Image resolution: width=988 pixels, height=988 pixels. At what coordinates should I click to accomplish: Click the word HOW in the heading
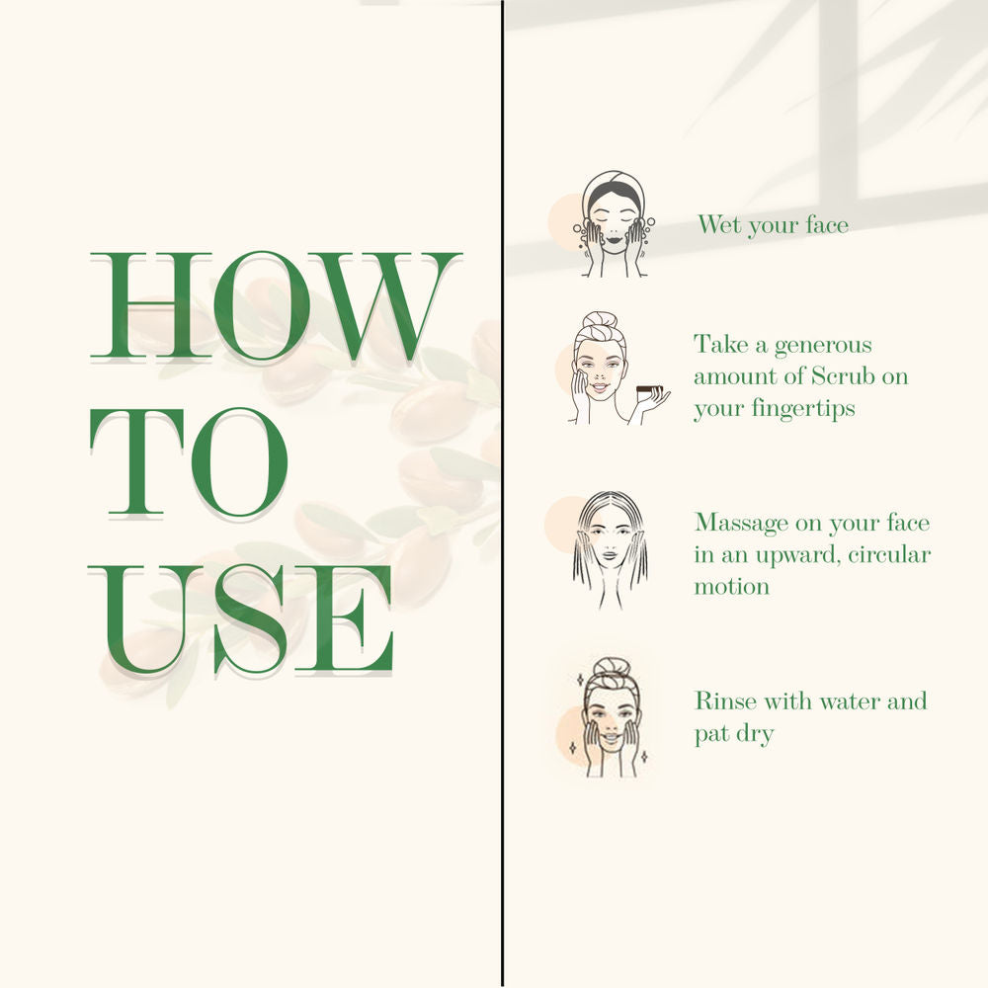pos(276,306)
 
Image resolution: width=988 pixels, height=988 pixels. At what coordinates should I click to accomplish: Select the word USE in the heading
pos(241,619)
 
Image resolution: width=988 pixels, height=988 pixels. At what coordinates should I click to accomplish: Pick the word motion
pos(731,587)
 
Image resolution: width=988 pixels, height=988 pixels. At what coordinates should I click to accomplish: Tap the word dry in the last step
pos(756,735)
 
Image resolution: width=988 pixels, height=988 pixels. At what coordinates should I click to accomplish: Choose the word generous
pos(823,346)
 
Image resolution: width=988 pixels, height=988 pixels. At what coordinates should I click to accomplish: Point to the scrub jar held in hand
pos(647,393)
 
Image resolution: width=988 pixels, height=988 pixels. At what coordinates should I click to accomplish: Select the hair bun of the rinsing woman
pos(610,667)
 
